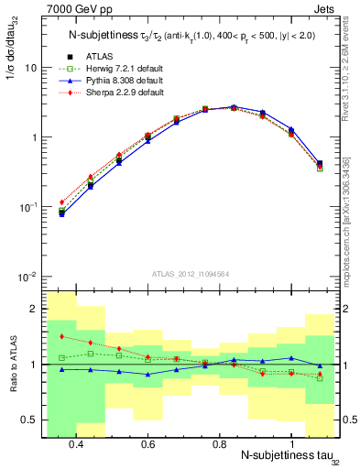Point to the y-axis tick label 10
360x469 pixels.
tap(30, 68)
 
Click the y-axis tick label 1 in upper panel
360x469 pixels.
tap(33, 137)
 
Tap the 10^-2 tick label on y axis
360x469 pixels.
tap(27, 277)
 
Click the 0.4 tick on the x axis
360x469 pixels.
tap(76, 443)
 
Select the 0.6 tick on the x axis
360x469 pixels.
tap(147, 443)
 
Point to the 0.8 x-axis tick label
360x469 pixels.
tap(219, 443)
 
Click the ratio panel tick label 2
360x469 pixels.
tap(33, 309)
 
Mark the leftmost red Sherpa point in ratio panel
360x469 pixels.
tap(61, 337)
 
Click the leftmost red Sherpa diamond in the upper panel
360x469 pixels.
tap(61, 202)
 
